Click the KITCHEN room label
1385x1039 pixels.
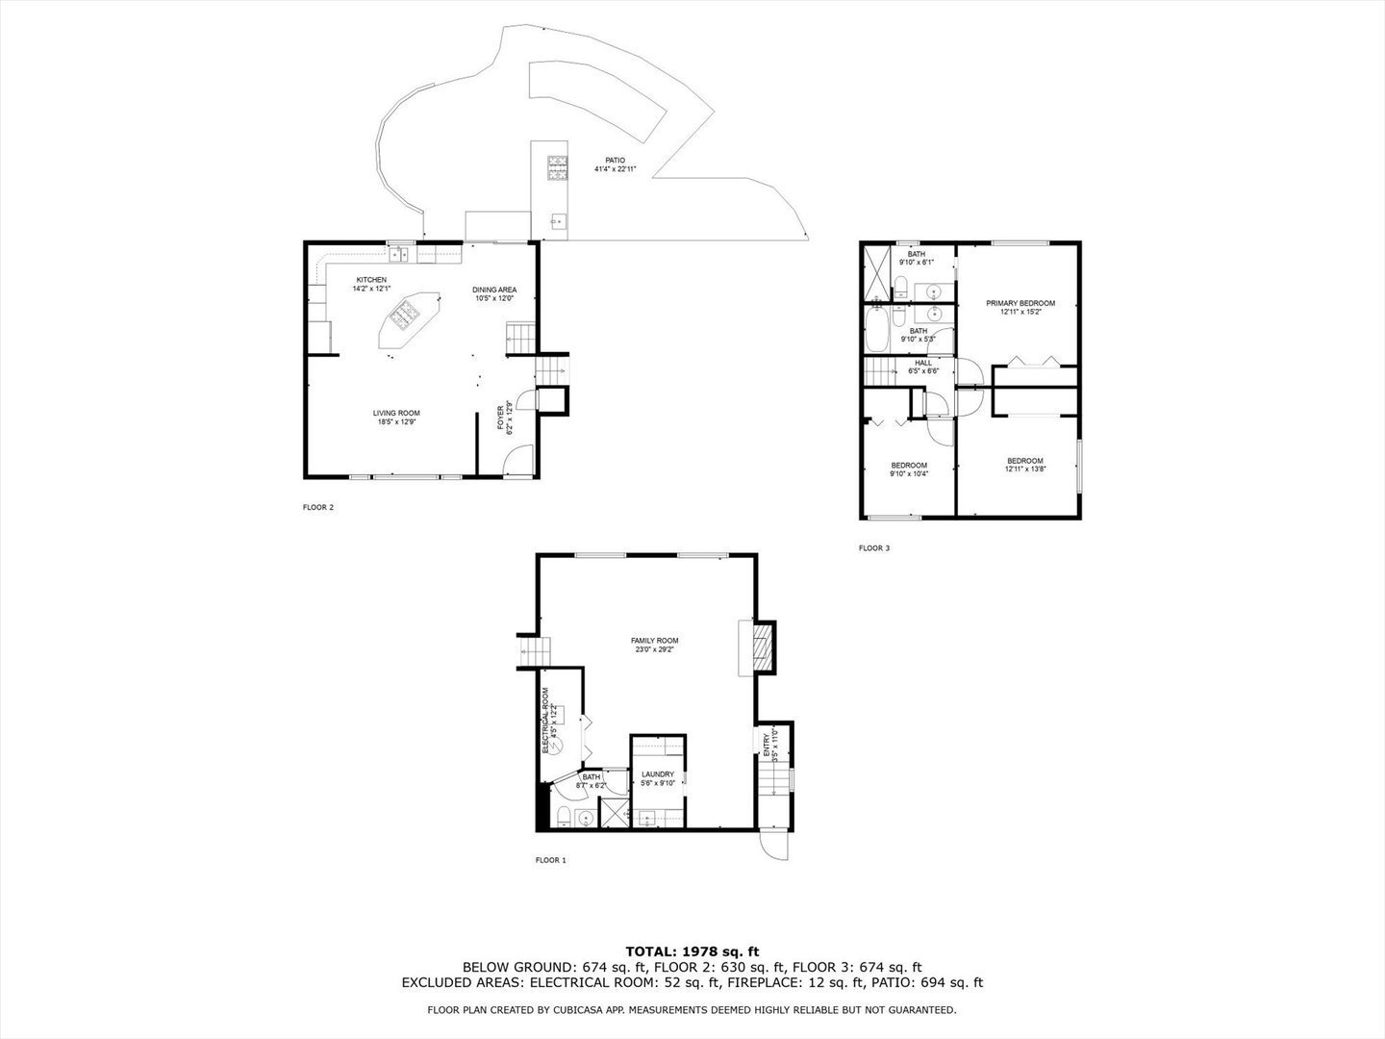(371, 280)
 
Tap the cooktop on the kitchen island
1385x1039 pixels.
(406, 312)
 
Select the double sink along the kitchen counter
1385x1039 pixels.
(401, 254)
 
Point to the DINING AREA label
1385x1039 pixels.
(494, 290)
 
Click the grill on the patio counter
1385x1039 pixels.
(557, 169)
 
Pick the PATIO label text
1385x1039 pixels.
(615, 160)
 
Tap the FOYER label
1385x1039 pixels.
(500, 418)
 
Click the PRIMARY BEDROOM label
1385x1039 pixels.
(1020, 303)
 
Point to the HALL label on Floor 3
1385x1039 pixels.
(922, 363)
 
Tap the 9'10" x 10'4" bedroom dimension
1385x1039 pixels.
(908, 473)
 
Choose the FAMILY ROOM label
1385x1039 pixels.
(654, 641)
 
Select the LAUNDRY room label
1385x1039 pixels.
(658, 773)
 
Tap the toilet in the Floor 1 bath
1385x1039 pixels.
(563, 818)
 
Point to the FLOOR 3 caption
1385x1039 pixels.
(874, 548)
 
